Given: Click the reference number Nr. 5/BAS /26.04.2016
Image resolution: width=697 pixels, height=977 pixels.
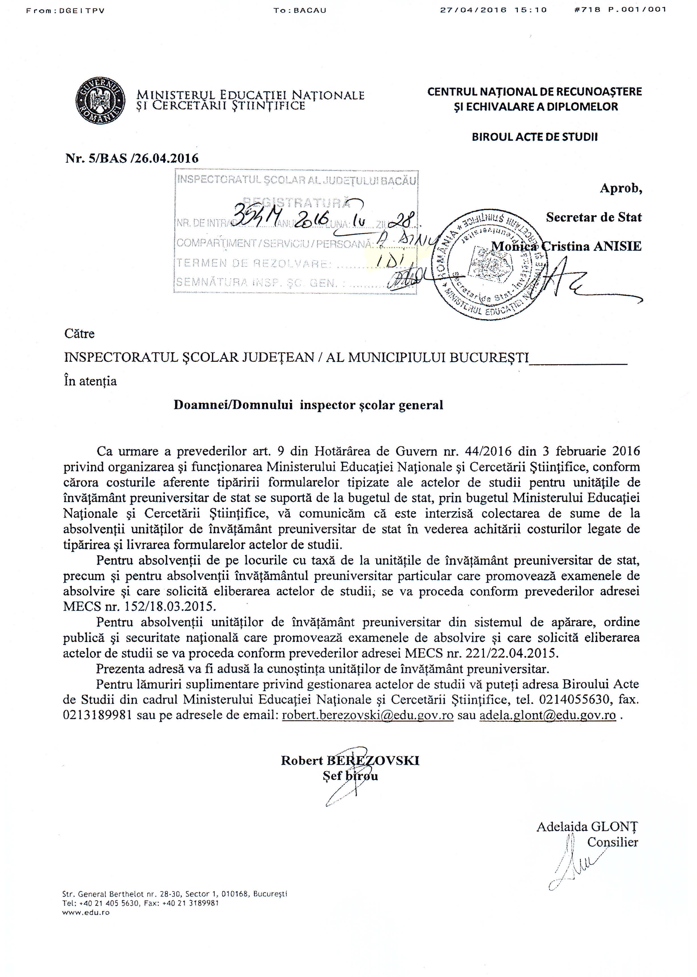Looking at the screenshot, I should (132, 159).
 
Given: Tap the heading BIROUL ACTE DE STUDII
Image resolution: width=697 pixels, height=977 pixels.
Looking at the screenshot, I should (534, 137).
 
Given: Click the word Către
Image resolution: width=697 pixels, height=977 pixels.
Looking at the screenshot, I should (79, 334).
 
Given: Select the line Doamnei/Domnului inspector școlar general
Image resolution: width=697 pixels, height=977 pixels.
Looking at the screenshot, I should (308, 405).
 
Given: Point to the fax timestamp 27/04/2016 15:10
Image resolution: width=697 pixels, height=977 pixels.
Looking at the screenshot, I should (494, 10).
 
